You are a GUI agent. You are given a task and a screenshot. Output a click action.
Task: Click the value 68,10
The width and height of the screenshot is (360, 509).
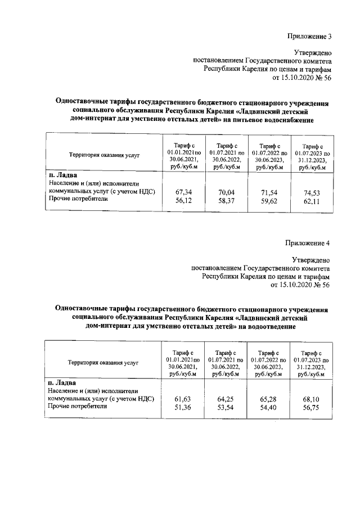(x=311, y=398)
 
